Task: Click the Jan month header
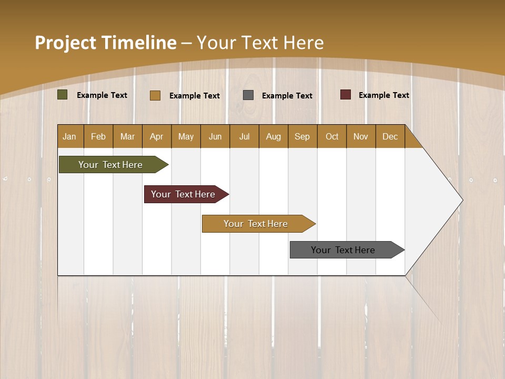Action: pos(69,136)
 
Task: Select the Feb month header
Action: pos(98,136)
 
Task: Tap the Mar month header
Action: pos(127,136)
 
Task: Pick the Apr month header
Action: pos(157,136)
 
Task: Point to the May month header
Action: pos(186,136)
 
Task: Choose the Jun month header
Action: pos(215,136)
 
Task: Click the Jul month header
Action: pos(244,136)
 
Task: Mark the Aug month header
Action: pos(274,136)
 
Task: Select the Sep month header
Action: pos(302,136)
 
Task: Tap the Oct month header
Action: pos(332,136)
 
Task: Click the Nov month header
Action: pos(361,136)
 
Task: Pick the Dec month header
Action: pos(390,136)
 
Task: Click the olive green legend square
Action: pos(63,95)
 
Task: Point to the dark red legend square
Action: pos(346,95)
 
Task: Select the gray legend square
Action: pos(248,95)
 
